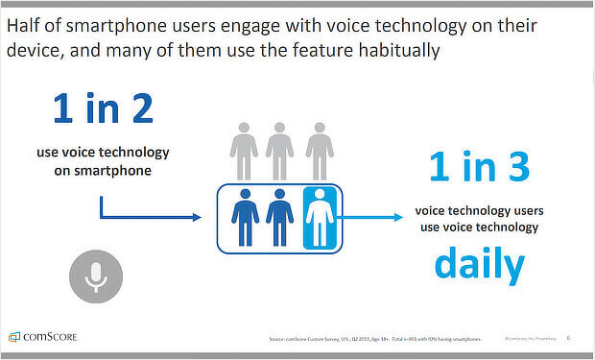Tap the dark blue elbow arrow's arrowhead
196,218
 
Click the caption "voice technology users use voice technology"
476,219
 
